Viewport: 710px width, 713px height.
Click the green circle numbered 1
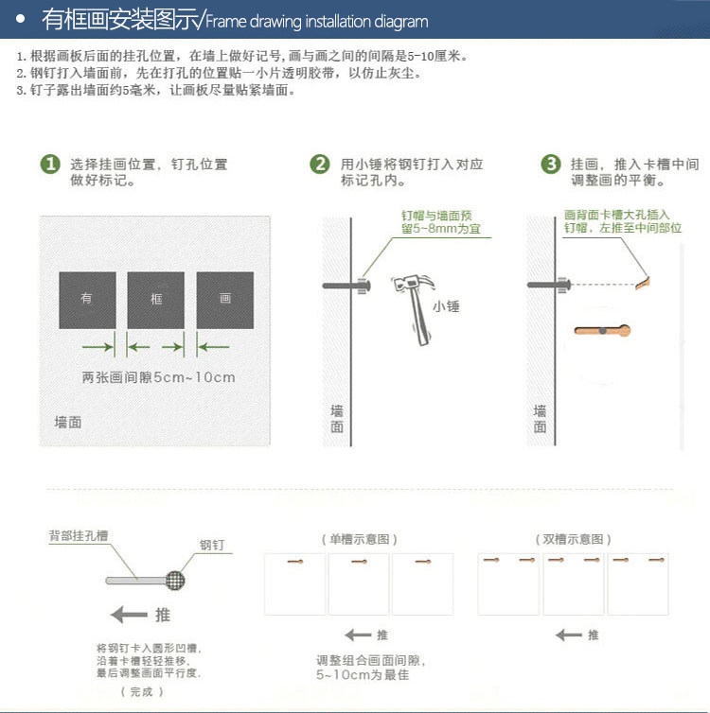tap(50, 164)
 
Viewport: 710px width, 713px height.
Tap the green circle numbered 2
tap(320, 164)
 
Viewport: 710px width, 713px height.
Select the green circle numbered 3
tap(551, 164)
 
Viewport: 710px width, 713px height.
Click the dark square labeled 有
tap(87, 300)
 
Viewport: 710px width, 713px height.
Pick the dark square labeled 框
tap(155, 300)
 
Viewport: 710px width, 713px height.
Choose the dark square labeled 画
tap(225, 300)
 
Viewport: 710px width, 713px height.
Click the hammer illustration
tap(414, 308)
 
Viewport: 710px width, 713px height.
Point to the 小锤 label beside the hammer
tap(446, 306)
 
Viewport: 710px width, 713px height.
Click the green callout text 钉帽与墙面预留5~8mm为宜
tap(440, 221)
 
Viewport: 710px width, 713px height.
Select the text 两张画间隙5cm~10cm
tap(158, 377)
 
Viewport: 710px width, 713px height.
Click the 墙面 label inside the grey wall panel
tap(68, 422)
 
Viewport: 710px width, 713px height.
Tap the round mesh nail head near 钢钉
tap(175, 581)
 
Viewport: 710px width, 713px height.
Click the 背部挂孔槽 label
tap(79, 535)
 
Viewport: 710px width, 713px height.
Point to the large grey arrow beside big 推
tap(129, 615)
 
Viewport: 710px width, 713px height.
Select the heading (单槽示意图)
tap(359, 539)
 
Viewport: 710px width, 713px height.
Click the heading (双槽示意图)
tap(573, 539)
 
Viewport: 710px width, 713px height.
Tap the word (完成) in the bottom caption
tap(142, 691)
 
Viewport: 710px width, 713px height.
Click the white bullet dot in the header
tap(20, 19)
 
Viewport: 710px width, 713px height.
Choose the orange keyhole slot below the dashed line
tap(602, 331)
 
